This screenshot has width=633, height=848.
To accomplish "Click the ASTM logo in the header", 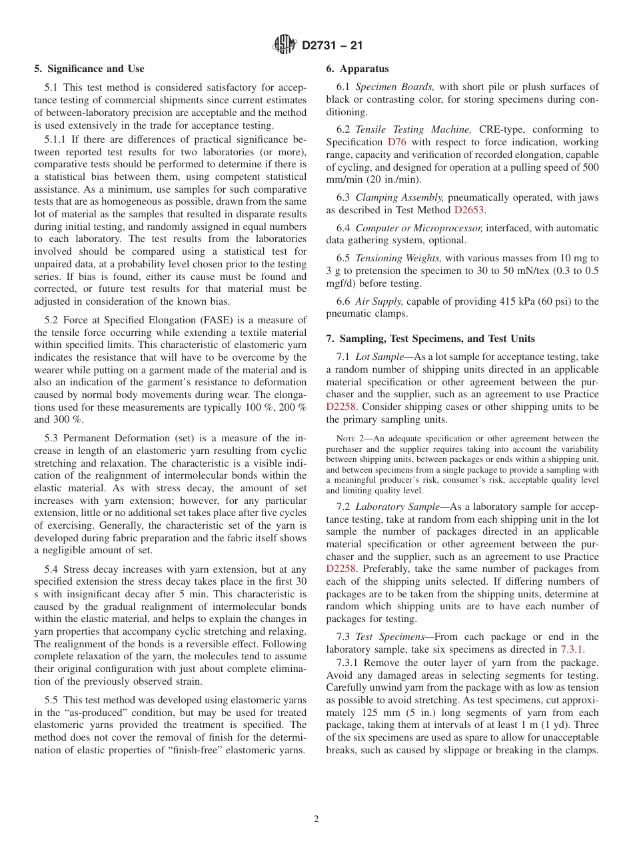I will pyautogui.click(x=285, y=45).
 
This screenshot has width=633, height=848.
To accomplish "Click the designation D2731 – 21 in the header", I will pyautogui.click(x=332, y=46).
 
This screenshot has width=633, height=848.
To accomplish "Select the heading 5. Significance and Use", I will pyautogui.click(x=89, y=69).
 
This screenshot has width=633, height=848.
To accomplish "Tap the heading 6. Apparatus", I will pyautogui.click(x=357, y=69).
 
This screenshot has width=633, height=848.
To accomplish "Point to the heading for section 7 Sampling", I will pyautogui.click(x=430, y=339).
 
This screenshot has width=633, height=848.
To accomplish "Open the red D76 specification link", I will pyautogui.click(x=395, y=142).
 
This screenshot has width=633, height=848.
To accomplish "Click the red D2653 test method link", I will pyautogui.click(x=470, y=210).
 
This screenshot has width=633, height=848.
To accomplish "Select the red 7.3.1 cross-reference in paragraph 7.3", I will pyautogui.click(x=571, y=649).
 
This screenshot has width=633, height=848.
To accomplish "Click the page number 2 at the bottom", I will pyautogui.click(x=316, y=819).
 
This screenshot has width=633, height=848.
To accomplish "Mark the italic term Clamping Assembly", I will pyautogui.click(x=400, y=197).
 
